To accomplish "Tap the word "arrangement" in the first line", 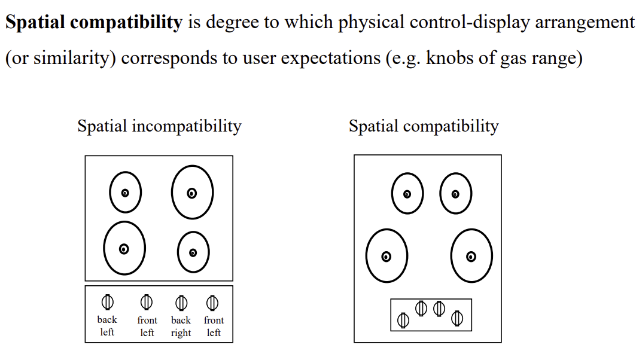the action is point(585,23).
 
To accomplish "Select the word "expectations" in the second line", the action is point(331,59).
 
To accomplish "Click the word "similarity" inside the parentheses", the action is point(71,59).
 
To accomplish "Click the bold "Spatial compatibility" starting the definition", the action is point(94,23).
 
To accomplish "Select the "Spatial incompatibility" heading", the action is point(159,127).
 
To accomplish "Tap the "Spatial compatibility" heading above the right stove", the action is point(424,127).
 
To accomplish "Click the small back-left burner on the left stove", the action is point(125,192).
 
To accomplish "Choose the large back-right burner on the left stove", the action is point(192,192).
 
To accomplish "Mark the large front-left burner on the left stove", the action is point(124,248).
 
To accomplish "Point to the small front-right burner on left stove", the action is point(193,252).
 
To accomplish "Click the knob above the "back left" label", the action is point(108,302).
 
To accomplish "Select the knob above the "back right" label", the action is point(181,303).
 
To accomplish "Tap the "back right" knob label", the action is point(181,327).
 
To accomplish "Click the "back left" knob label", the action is point(107,326).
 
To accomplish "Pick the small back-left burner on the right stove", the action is point(407,193).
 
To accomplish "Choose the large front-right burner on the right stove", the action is point(471,256).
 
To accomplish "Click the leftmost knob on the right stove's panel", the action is point(403,321).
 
